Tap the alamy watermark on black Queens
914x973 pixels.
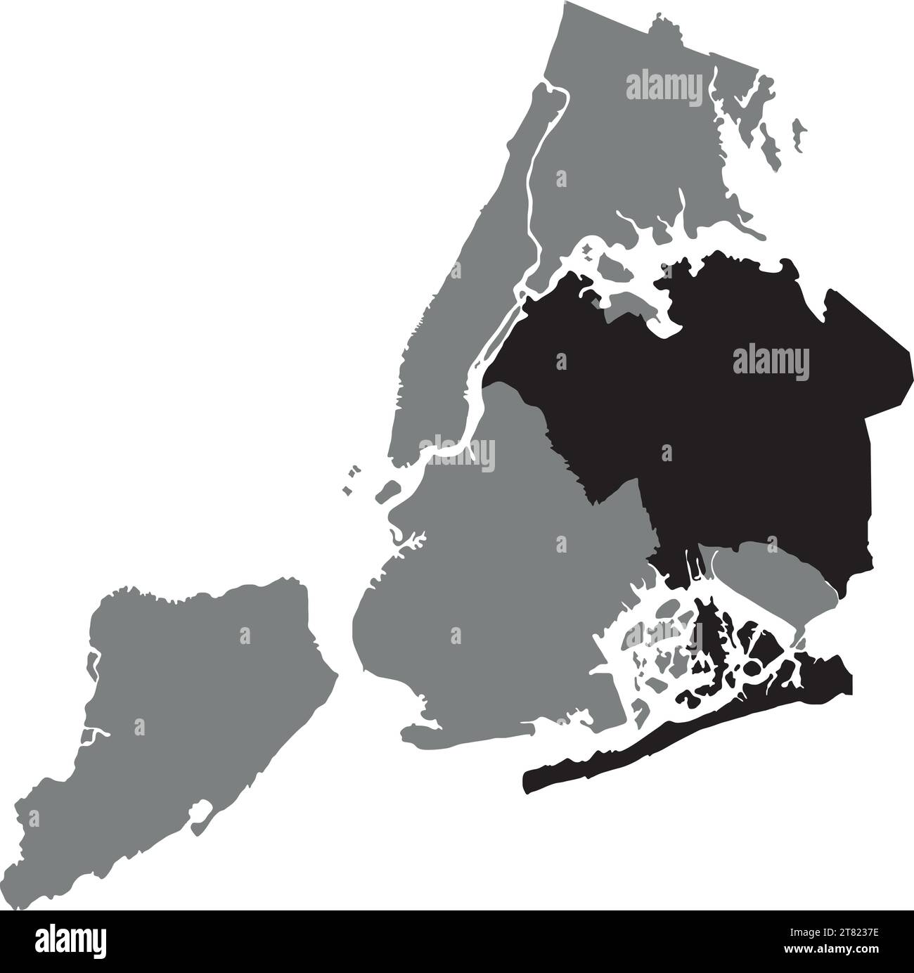coord(771,363)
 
